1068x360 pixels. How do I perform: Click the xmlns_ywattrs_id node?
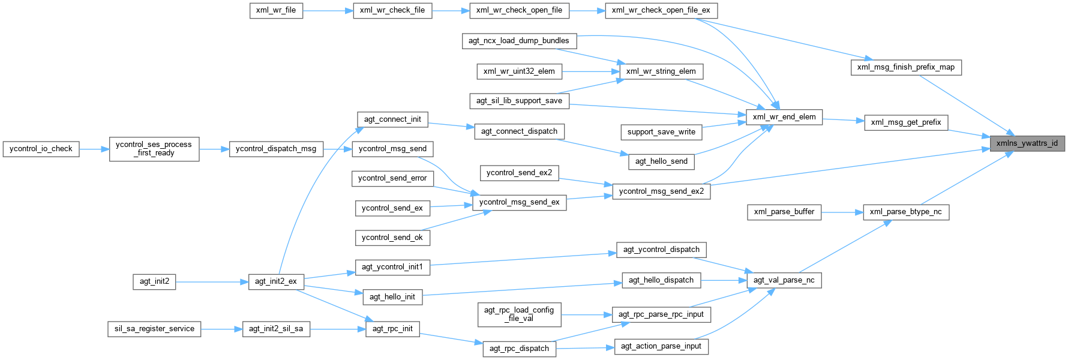(x=1027, y=143)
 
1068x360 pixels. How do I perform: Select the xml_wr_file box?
(x=276, y=10)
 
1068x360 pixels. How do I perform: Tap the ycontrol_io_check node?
(x=41, y=149)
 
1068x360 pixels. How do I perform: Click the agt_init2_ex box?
(x=276, y=281)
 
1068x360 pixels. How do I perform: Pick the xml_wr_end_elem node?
(x=784, y=117)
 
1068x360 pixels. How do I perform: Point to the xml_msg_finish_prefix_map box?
(x=906, y=67)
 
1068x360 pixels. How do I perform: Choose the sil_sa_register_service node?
(x=154, y=329)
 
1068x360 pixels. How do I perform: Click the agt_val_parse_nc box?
(x=784, y=280)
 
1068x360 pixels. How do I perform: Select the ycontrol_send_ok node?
(x=392, y=238)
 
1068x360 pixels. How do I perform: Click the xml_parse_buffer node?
(x=784, y=212)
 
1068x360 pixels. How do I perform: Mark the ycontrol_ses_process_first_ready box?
(x=154, y=149)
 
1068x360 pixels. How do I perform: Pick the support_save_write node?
(x=661, y=132)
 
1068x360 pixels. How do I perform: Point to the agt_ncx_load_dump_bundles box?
(x=519, y=41)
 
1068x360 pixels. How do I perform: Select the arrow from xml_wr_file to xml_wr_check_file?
(x=328, y=10)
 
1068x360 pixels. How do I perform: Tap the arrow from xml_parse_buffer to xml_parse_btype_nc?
(x=842, y=212)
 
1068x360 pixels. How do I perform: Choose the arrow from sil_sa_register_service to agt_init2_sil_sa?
(x=221, y=329)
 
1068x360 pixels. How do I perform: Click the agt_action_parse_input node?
(x=661, y=346)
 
